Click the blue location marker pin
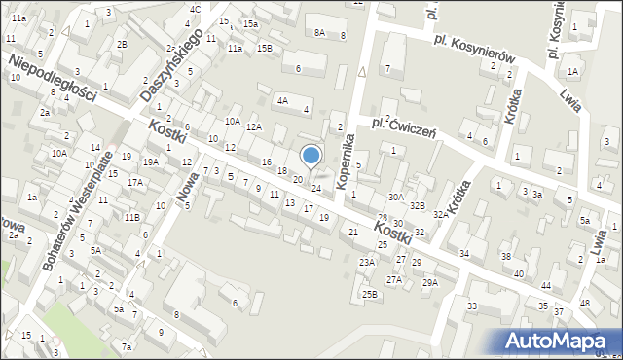click(311, 156)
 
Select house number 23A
click(367, 262)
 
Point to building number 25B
click(369, 293)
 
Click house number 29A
click(429, 282)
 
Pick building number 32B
click(417, 205)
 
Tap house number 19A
click(150, 162)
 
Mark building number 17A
click(134, 182)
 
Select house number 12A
click(253, 127)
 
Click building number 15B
click(265, 48)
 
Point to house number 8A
click(319, 33)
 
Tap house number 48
click(584, 303)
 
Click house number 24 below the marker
click(315, 188)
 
